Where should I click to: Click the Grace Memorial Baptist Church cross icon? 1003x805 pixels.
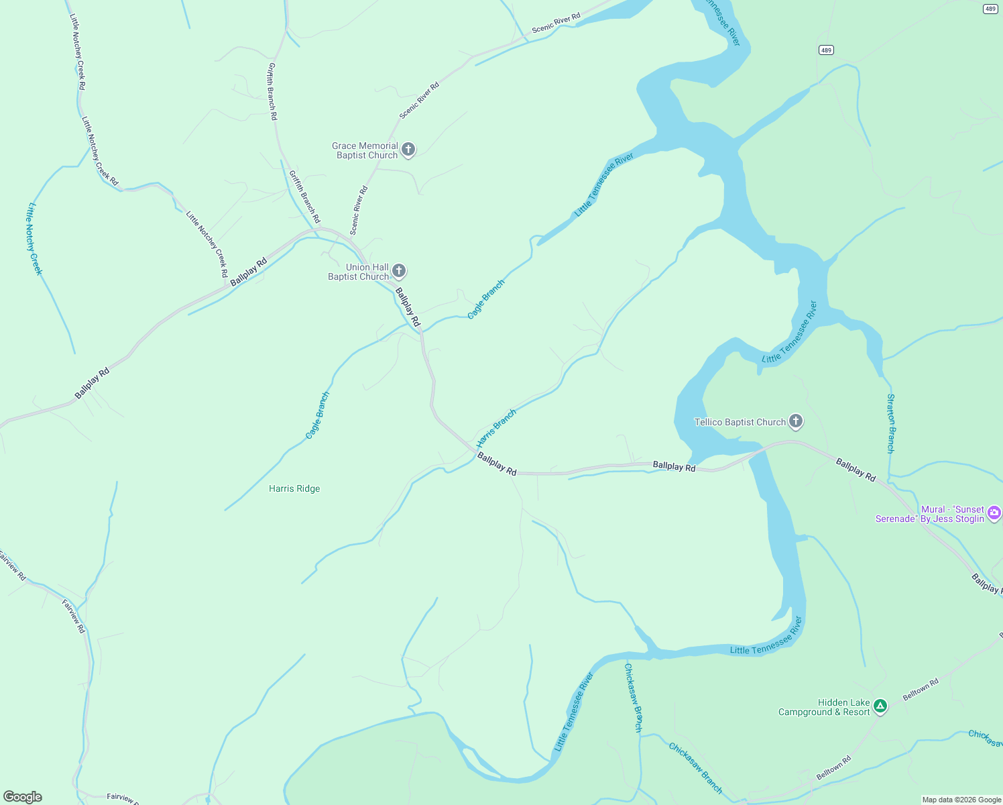point(408,150)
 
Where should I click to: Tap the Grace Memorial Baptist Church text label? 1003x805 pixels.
point(366,150)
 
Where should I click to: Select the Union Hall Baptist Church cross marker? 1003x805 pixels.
point(398,271)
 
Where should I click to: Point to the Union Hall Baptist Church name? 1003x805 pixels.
point(359,272)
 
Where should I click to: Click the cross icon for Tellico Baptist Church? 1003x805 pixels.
point(795,421)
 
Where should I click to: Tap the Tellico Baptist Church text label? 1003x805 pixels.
point(740,422)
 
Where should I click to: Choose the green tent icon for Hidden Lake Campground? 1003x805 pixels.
point(880,706)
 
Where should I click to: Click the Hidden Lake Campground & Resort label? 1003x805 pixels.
point(824,707)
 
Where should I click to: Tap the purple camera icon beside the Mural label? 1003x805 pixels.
point(994,513)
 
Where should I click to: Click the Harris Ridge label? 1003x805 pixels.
point(294,488)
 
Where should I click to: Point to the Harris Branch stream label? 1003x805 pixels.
point(496,429)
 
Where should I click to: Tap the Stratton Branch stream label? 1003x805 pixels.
point(890,423)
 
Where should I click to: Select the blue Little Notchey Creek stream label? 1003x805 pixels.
point(34,239)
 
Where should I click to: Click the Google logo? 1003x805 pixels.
point(23,797)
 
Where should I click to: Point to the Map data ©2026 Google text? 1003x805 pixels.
point(961,800)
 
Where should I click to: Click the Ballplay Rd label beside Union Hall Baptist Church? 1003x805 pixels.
point(408,307)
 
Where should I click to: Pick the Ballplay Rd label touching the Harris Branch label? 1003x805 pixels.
point(497,464)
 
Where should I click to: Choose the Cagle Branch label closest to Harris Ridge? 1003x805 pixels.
point(318,415)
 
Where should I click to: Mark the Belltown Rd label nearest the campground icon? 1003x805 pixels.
point(921,689)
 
